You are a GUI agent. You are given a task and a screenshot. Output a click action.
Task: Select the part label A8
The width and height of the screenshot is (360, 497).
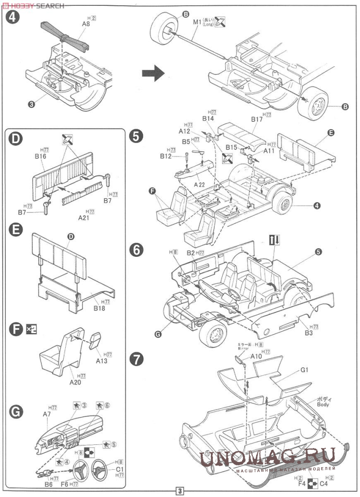(x=86, y=23)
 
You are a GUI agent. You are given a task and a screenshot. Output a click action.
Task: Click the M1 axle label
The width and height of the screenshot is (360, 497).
(x=197, y=22)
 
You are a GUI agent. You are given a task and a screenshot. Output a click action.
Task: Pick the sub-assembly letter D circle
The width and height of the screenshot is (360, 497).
(x=16, y=139)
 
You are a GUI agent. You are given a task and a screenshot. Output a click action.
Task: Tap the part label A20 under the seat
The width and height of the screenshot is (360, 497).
(x=75, y=382)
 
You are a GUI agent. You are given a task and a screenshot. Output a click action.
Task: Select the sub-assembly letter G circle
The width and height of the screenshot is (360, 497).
(x=16, y=412)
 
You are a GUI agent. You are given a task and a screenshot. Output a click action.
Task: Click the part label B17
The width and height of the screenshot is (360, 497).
(x=257, y=119)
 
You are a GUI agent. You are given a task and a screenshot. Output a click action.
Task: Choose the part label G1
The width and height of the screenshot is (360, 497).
(x=305, y=370)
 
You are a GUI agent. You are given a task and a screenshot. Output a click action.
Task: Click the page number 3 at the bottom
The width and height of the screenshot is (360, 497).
(x=180, y=491)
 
